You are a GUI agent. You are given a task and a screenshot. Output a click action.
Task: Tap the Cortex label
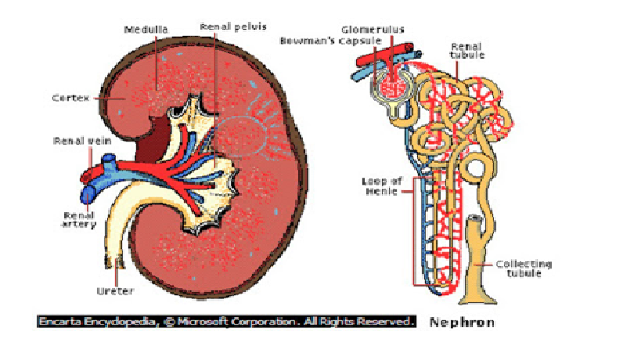tap(68, 99)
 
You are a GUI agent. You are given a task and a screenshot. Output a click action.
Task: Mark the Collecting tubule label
tap(524, 268)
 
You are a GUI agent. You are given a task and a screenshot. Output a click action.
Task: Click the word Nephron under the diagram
tap(462, 322)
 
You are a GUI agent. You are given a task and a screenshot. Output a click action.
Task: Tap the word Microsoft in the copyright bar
tap(203, 322)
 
